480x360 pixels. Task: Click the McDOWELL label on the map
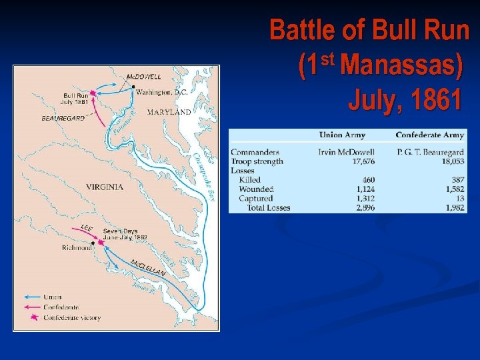tap(143, 77)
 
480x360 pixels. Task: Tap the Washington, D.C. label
tap(162, 92)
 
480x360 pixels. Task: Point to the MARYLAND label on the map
tap(169, 112)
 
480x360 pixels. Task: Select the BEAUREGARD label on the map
tap(63, 118)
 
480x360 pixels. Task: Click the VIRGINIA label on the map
tap(105, 187)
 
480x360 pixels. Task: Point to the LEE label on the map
tap(87, 228)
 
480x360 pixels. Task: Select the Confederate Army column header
tap(429, 135)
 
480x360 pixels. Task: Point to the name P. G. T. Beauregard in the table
tap(430, 153)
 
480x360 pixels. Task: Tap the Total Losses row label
tap(269, 207)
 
